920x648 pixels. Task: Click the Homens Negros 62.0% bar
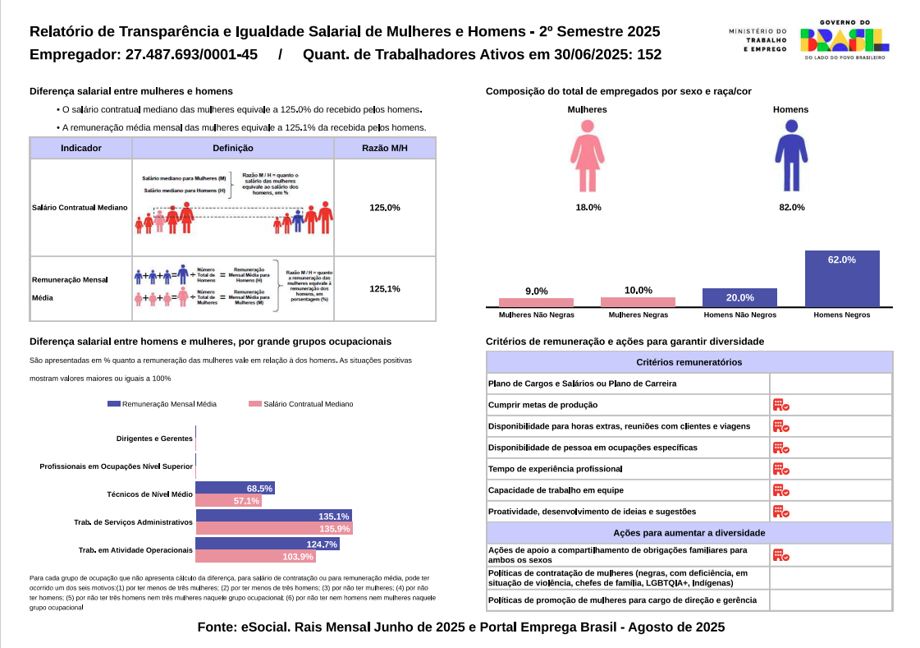click(x=841, y=278)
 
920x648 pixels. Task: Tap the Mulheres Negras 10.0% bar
click(x=638, y=302)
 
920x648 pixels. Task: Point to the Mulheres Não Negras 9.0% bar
click(x=536, y=302)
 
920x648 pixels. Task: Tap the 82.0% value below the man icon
click(x=791, y=208)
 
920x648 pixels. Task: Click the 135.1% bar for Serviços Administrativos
click(x=273, y=516)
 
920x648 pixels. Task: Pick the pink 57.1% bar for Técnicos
click(x=228, y=501)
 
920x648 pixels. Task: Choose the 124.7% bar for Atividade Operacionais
click(x=267, y=544)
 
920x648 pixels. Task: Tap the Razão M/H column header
click(x=385, y=149)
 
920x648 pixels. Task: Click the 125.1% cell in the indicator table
click(x=385, y=289)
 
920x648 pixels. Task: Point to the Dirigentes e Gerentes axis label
click(x=154, y=439)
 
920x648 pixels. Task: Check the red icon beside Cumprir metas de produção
click(x=780, y=405)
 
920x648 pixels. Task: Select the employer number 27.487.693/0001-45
click(x=192, y=55)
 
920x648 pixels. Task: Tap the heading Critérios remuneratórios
click(x=689, y=362)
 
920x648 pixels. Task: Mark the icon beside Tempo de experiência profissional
click(x=780, y=469)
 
